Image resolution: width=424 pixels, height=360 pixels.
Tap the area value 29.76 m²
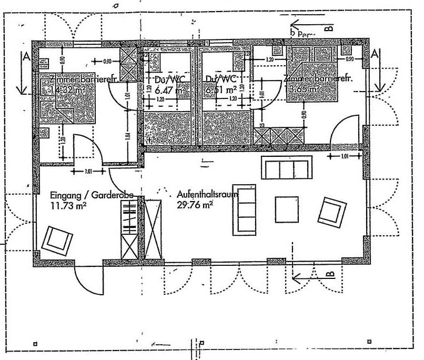click(x=193, y=205)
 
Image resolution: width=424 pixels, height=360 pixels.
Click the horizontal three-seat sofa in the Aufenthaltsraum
click(x=285, y=170)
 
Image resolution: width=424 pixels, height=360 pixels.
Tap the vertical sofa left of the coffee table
click(x=245, y=208)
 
